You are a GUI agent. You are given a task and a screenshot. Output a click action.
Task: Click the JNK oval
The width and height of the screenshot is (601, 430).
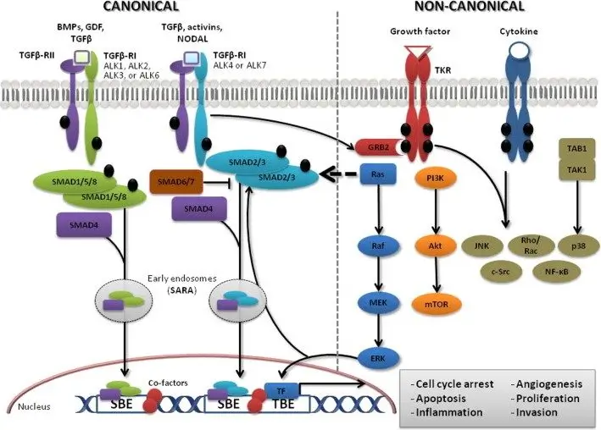479,246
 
